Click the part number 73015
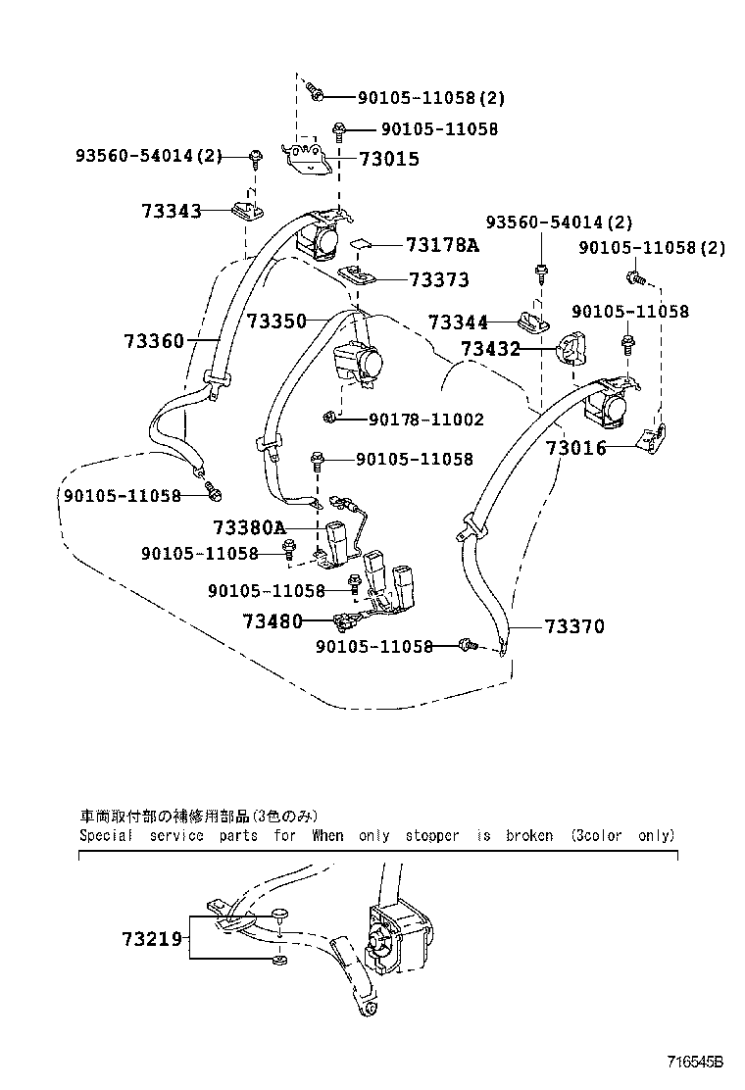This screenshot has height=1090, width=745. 389,159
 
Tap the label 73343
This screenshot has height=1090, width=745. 171,211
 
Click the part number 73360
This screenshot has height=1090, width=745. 154,341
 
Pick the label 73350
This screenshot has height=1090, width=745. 276,321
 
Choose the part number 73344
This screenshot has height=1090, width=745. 457,321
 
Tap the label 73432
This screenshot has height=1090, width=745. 491,349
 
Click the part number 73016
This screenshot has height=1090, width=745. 575,448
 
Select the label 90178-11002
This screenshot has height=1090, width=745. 426,420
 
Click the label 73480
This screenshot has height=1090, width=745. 273,620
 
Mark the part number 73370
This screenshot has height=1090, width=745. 574,625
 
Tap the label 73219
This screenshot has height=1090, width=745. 152,939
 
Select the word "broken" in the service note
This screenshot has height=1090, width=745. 529,836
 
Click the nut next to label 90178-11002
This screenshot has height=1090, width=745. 330,420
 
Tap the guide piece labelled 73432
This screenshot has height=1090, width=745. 571,345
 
